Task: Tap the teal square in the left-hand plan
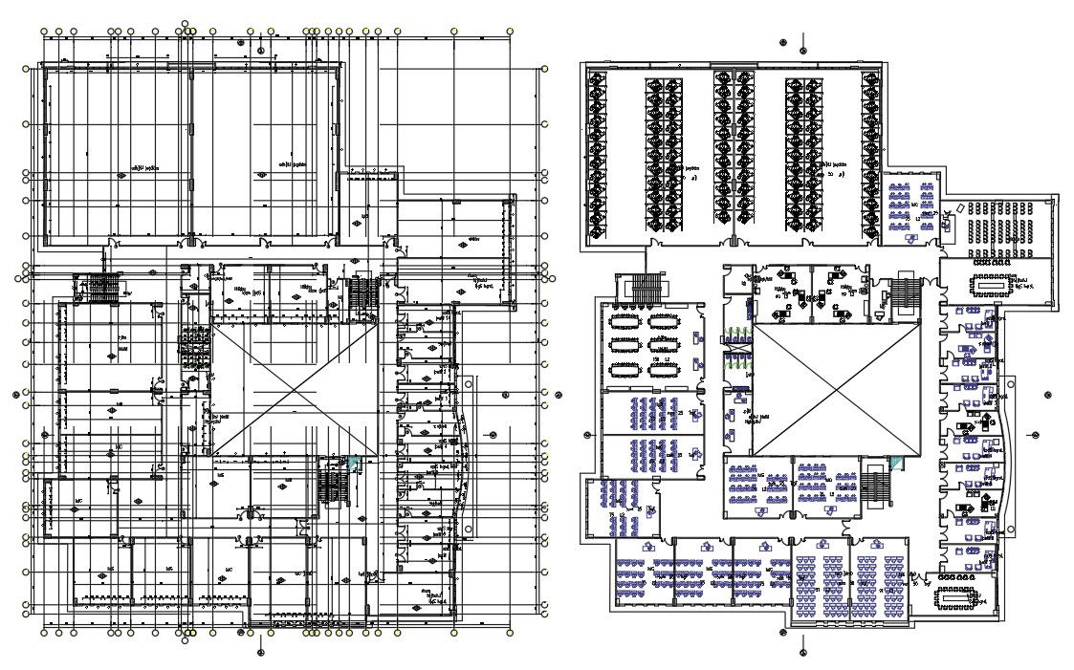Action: point(355,463)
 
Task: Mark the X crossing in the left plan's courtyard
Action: point(293,388)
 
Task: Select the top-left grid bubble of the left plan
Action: point(44,32)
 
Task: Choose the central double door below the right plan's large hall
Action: point(734,243)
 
